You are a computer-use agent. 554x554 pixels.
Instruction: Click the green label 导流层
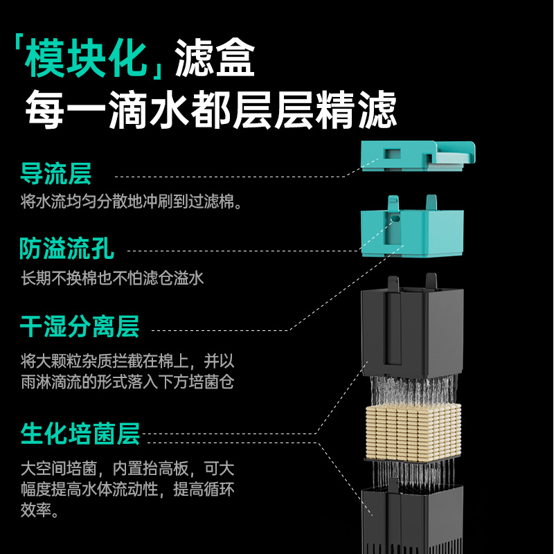(55, 175)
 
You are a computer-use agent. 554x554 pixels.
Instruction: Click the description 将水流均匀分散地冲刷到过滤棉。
(132, 202)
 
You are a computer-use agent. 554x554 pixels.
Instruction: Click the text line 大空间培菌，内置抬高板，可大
(127, 467)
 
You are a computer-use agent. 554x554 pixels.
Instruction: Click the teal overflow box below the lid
(413, 229)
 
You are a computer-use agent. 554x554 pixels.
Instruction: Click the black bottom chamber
(411, 516)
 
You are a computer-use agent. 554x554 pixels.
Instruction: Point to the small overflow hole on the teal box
(397, 220)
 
